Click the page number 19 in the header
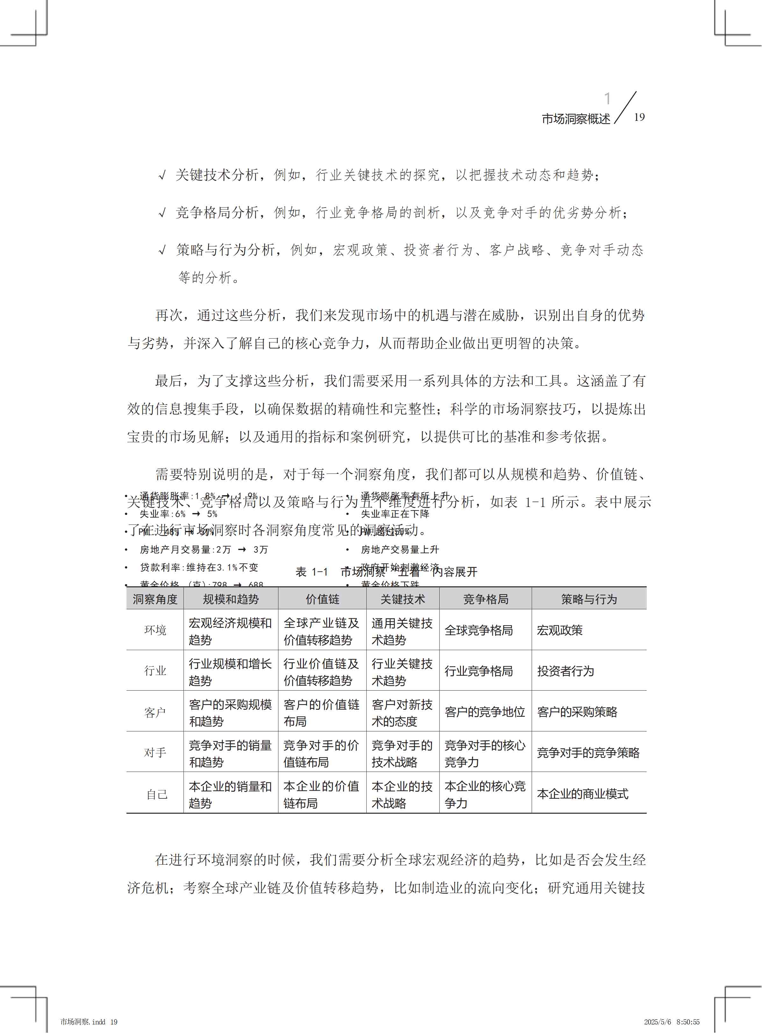[x=639, y=117]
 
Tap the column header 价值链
[x=322, y=599]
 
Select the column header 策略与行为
[x=589, y=599]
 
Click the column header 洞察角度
[x=155, y=599]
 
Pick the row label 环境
[x=155, y=630]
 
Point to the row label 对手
[x=155, y=752]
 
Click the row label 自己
[x=157, y=794]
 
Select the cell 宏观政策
[x=559, y=630]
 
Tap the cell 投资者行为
[x=565, y=671]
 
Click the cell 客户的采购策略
[x=577, y=712]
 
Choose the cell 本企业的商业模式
[x=582, y=794]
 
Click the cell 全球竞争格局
[x=478, y=630]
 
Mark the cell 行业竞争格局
[x=478, y=671]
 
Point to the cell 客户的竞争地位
[x=484, y=712]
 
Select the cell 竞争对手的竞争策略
[x=588, y=752]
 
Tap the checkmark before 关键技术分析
[x=162, y=175]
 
